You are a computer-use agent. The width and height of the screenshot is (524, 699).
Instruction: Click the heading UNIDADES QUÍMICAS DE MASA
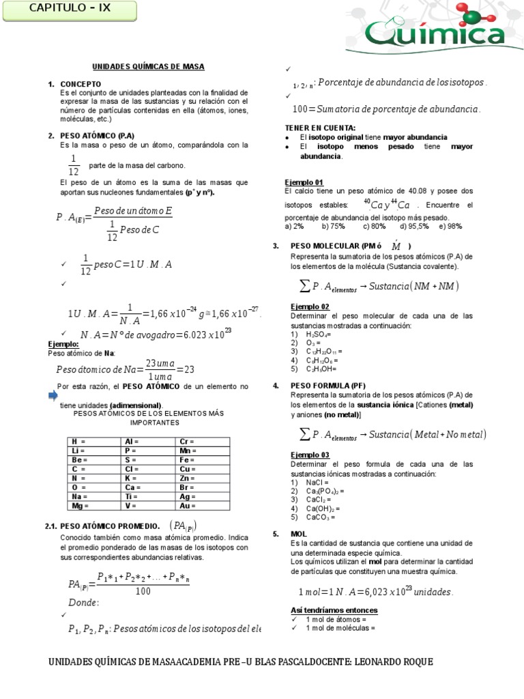click(148, 66)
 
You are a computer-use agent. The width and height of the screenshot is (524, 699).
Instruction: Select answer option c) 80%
click(375, 226)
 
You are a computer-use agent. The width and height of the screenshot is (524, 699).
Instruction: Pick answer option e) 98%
click(451, 226)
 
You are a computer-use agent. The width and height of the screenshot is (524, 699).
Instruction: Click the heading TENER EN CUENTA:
click(320, 128)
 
